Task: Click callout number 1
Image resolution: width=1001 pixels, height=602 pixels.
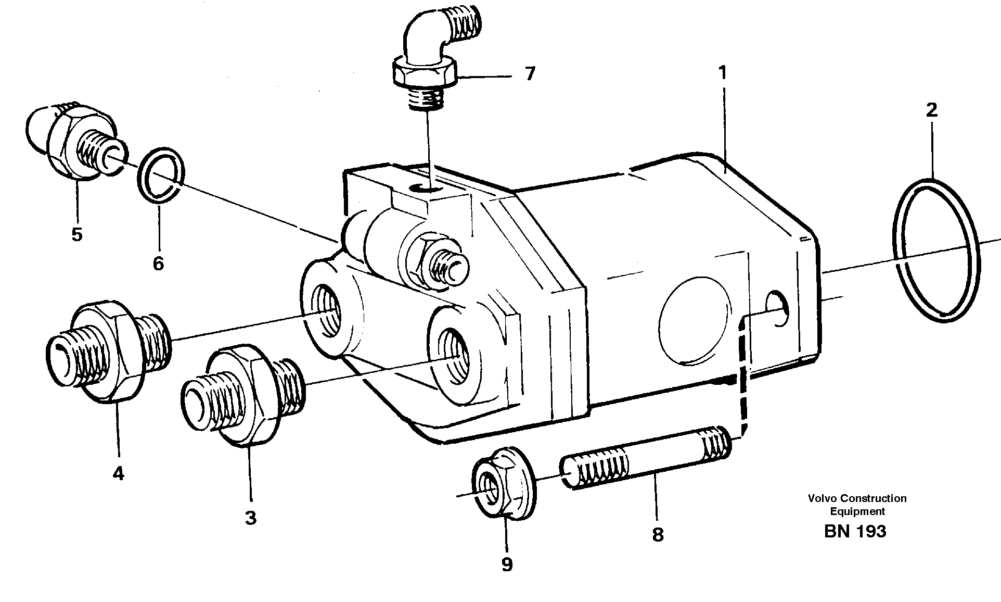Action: pos(722,73)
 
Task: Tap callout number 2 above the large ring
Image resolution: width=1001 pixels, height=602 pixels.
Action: pos(931,110)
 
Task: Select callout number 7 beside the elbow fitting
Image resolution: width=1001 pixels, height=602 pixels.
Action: pos(530,74)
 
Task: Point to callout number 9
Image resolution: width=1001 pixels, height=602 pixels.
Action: pos(507,564)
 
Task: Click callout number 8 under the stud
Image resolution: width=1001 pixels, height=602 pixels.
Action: pos(658,534)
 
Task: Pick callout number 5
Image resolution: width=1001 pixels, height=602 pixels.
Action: pos(77,234)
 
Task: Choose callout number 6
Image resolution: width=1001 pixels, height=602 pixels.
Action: pos(158,263)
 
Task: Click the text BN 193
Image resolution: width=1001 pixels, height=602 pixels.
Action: pos(854,531)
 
